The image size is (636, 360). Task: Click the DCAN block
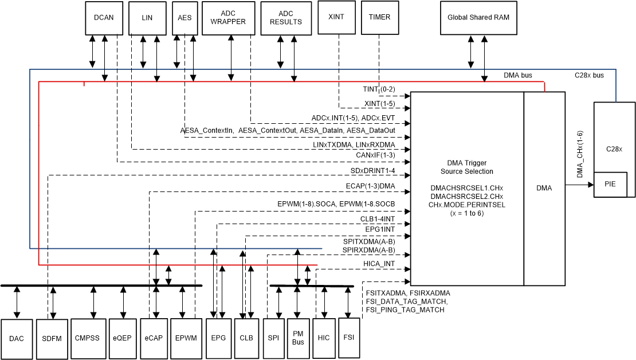[x=104, y=18]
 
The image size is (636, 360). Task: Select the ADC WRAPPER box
[x=228, y=18]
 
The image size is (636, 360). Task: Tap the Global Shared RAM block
[x=478, y=18]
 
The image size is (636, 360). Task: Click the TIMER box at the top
[x=379, y=17]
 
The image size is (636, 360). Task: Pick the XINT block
[x=336, y=17]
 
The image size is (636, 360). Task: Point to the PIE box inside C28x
[x=610, y=183]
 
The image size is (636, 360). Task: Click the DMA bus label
[x=518, y=75]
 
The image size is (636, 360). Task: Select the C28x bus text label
[x=589, y=75]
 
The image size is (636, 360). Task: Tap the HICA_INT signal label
[x=379, y=264]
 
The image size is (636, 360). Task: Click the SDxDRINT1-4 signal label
[x=373, y=171]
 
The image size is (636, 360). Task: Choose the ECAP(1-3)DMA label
[x=370, y=186]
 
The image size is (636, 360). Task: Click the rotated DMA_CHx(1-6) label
[x=580, y=155]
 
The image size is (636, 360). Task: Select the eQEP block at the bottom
[x=123, y=338]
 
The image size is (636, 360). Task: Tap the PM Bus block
[x=298, y=338]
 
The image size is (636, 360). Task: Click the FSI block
[x=348, y=338]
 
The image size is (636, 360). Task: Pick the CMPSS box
[x=87, y=338]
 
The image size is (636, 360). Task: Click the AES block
[x=184, y=18]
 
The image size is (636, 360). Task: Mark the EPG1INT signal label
[x=380, y=229]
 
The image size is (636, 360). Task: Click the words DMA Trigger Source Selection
[x=466, y=167]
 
